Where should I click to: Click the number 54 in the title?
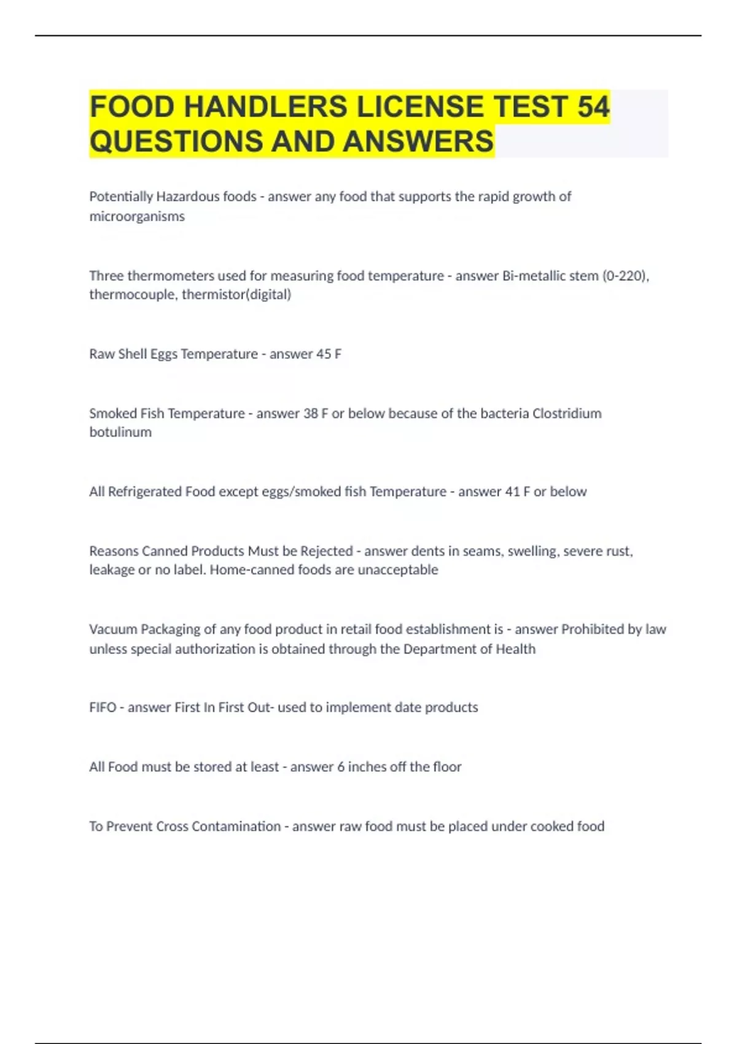tap(593, 107)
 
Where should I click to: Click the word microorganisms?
tap(137, 216)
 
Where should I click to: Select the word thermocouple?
tap(132, 295)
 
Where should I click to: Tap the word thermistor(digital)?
tap(236, 295)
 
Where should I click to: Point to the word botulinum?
tap(120, 432)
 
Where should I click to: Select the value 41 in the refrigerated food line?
tap(512, 492)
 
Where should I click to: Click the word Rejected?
tap(327, 551)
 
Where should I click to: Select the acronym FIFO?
tap(103, 707)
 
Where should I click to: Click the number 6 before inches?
tap(341, 767)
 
